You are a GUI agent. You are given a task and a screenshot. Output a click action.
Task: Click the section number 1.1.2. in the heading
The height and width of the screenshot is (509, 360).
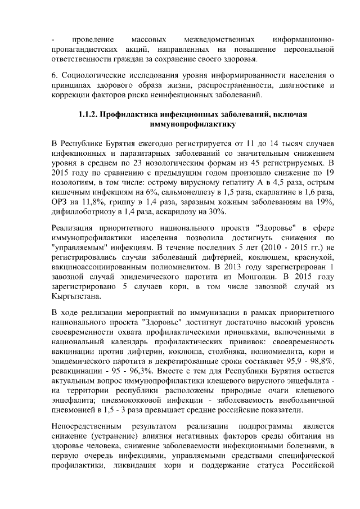87,115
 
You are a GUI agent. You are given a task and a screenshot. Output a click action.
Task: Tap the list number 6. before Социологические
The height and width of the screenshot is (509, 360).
54,75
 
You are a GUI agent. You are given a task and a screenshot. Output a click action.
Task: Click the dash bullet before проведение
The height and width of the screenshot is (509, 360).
53,39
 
